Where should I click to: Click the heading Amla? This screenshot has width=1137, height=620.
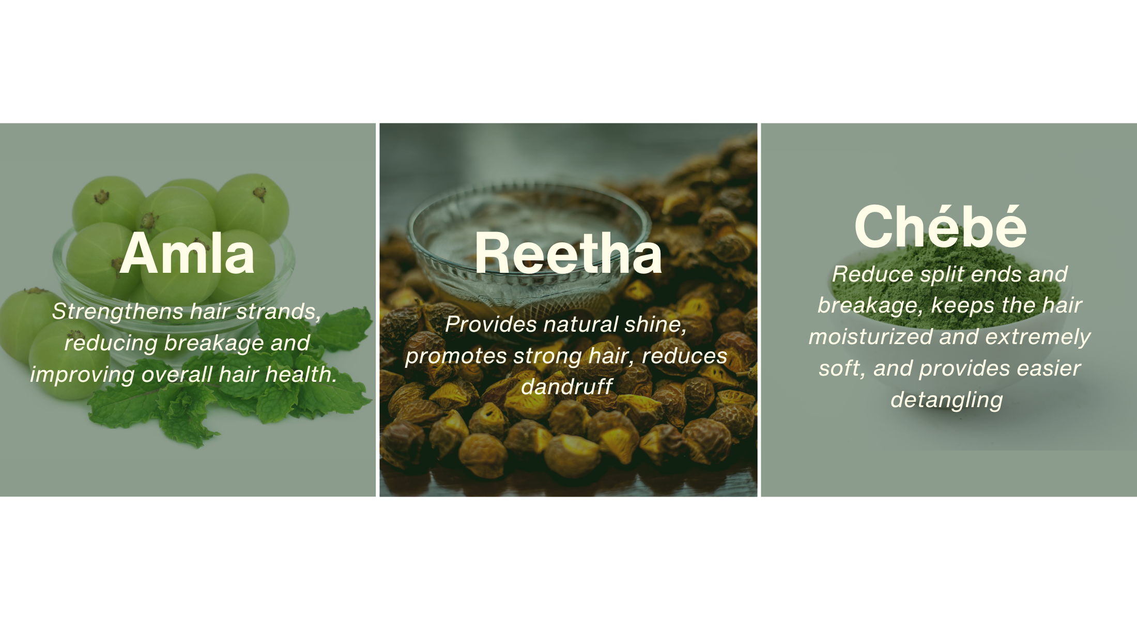point(187,253)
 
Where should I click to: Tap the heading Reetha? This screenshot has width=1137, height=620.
point(568,253)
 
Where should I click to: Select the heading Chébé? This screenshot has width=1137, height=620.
point(941,226)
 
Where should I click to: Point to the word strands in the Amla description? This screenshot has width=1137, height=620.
point(279,312)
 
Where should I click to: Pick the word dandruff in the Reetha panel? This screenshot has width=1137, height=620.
point(567,387)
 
